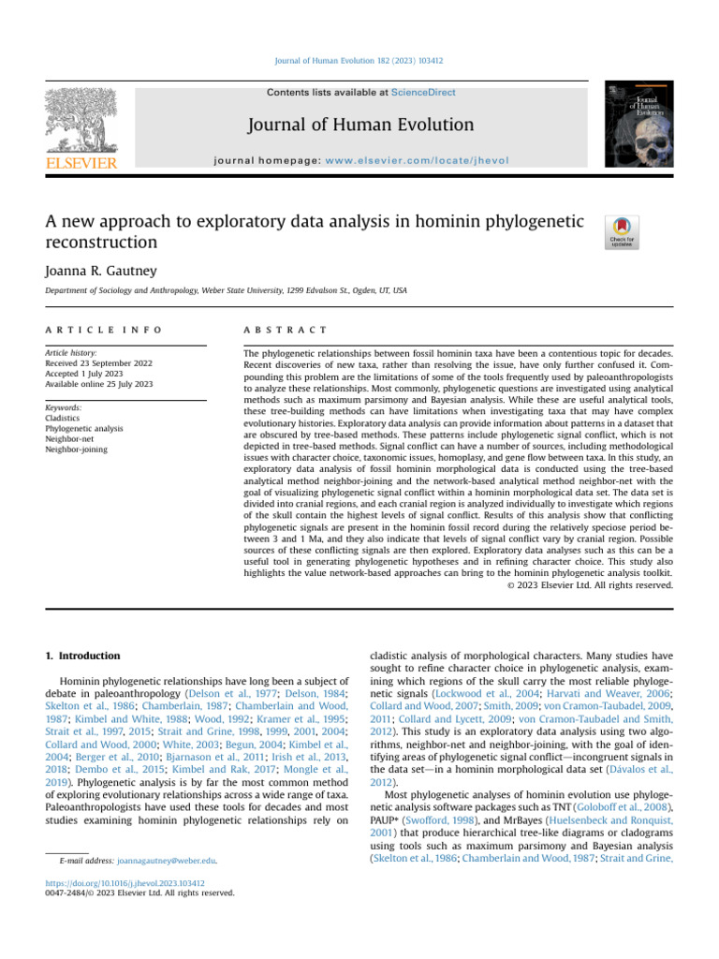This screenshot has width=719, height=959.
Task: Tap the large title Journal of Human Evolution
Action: (x=360, y=124)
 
